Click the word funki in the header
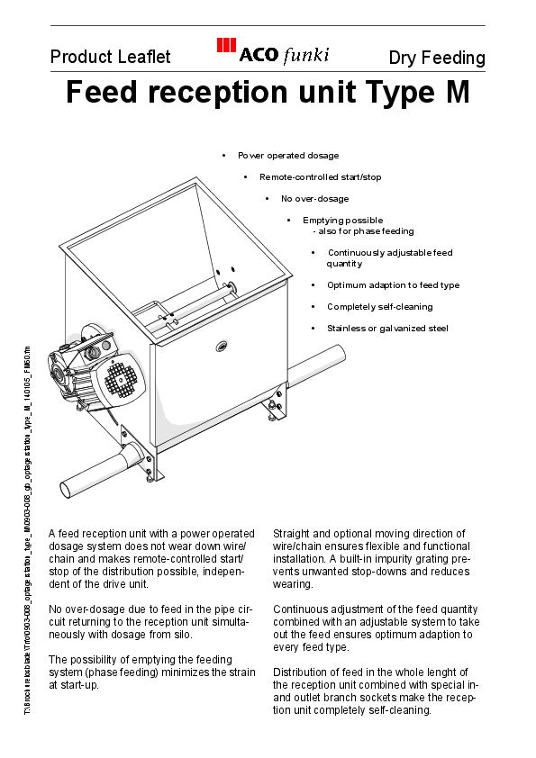pos(306,56)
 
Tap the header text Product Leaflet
pos(110,58)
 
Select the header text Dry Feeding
pos(437,59)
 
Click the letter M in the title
pos(455,94)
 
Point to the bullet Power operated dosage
pos(288,156)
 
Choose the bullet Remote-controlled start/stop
pos(320,177)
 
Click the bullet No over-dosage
pos(314,199)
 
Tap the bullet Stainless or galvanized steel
pos(387,329)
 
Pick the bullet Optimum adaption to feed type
pos(393,285)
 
